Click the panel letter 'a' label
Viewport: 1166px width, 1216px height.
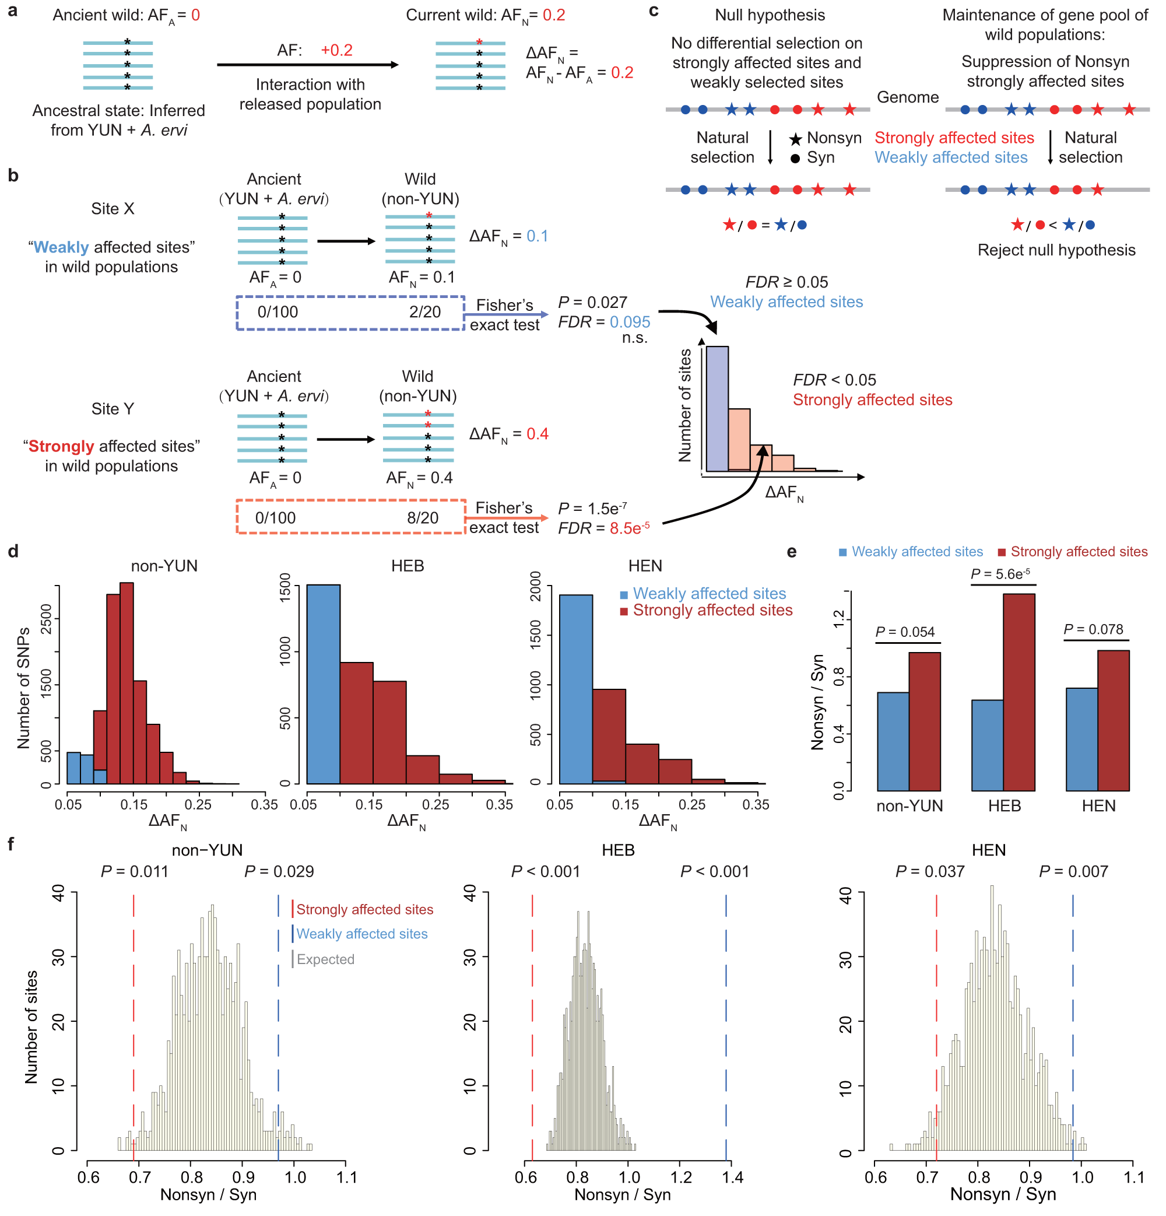point(12,11)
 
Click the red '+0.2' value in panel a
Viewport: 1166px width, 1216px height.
point(336,50)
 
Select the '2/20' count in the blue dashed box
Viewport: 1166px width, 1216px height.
point(424,311)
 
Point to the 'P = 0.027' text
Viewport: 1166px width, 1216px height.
point(592,302)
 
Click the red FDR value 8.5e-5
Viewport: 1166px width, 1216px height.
point(629,528)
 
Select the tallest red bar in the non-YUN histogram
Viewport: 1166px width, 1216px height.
point(127,682)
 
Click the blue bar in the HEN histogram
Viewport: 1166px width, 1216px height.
point(575,689)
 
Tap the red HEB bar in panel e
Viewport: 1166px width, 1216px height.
point(1019,692)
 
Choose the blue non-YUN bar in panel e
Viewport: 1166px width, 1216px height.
point(893,741)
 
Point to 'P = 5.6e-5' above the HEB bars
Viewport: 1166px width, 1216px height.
point(1000,574)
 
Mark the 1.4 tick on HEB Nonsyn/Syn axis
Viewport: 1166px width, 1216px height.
point(732,1177)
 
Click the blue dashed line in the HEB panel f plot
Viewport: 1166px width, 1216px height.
point(726,1024)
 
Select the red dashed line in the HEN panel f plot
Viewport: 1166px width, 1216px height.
point(936,1024)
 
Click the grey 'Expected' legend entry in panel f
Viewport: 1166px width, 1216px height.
point(325,959)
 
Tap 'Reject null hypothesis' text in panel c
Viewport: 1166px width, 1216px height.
point(1056,250)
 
